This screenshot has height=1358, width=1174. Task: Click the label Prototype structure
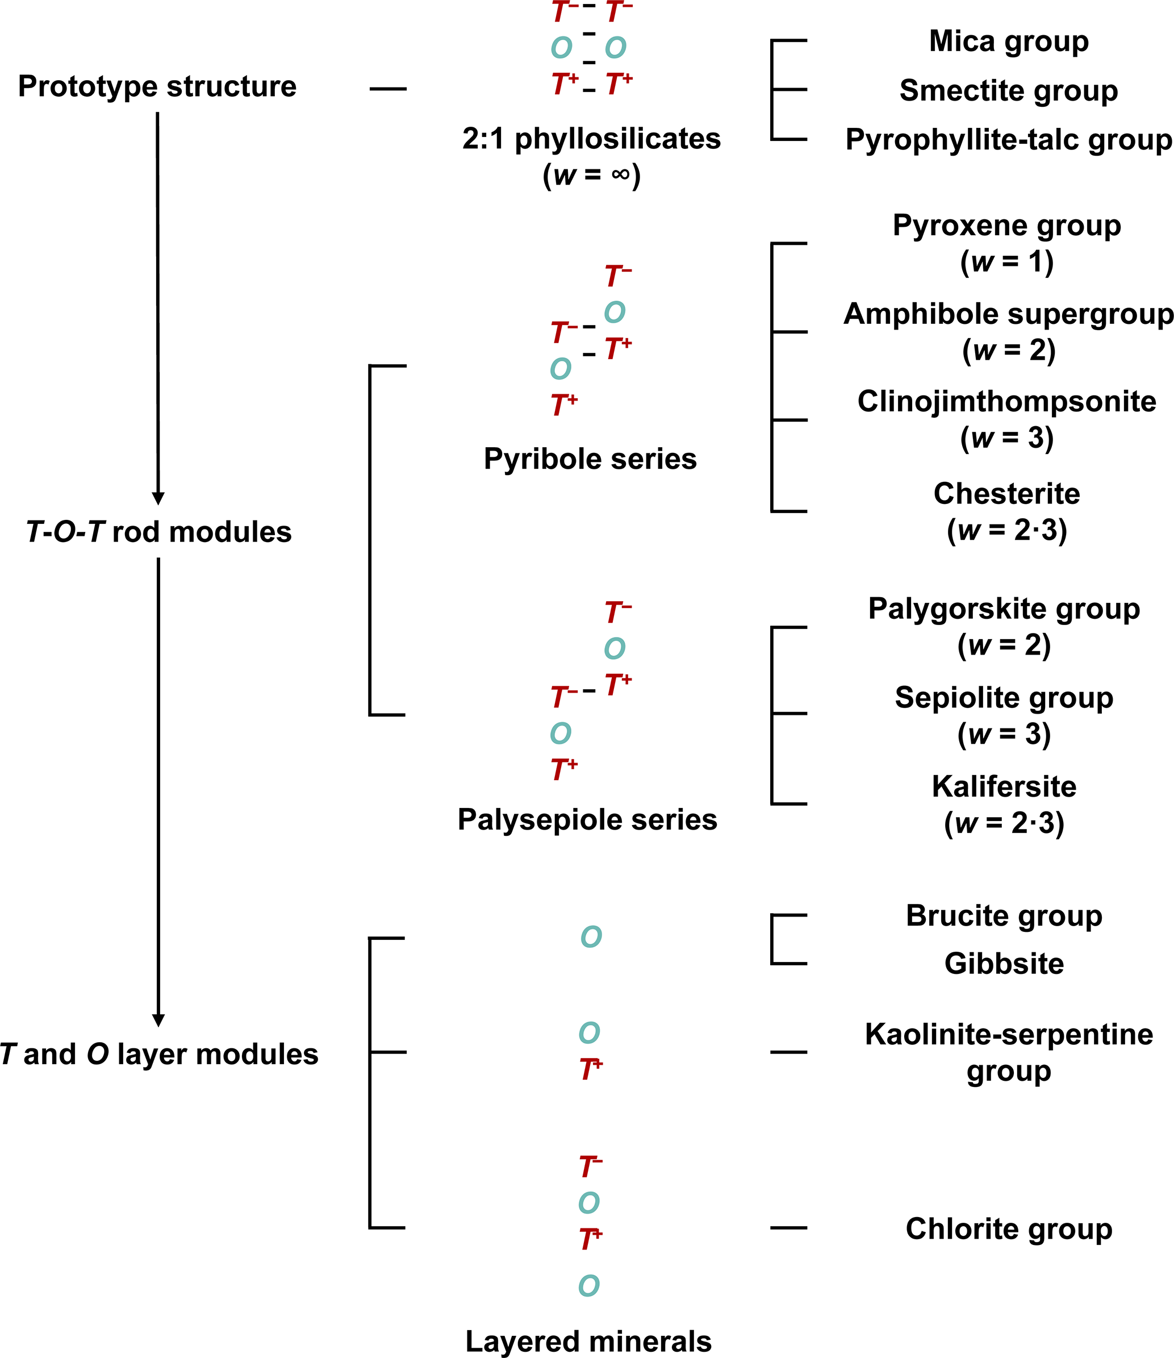tap(157, 86)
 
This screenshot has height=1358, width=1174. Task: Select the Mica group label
tap(1009, 41)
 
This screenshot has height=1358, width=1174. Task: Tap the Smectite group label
tap(1009, 90)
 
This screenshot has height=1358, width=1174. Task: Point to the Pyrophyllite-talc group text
tap(1009, 140)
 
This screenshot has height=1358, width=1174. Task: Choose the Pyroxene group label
tap(1007, 226)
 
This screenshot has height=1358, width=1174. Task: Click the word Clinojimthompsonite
tap(1007, 401)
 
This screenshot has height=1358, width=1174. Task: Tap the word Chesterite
tap(1007, 494)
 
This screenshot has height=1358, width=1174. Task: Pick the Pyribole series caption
tap(590, 459)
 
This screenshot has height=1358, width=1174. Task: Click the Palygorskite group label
tap(1004, 609)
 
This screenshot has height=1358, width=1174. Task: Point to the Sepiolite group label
tap(1004, 697)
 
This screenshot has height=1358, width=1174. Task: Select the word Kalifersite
tap(1004, 786)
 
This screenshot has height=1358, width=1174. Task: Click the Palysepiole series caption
tap(588, 820)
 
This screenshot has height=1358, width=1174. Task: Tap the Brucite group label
tap(1004, 915)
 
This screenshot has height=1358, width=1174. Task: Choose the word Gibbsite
tap(1004, 964)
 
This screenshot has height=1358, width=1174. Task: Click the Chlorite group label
tap(1009, 1229)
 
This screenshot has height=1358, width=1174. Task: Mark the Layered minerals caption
tap(588, 1342)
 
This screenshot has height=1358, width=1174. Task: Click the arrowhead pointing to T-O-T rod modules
tap(158, 498)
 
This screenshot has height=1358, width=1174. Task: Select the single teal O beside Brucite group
tap(591, 937)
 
